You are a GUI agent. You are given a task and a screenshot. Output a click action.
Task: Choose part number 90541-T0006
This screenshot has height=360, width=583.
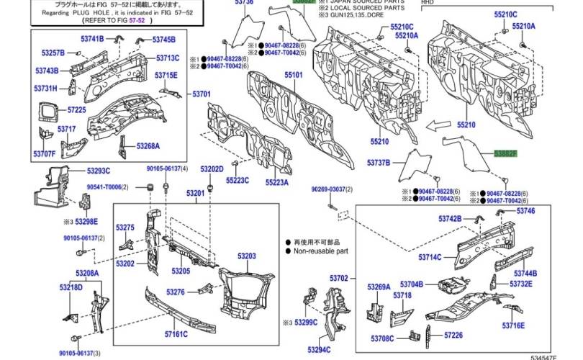[x=104, y=187]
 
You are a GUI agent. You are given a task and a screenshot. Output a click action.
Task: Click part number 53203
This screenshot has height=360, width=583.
[x=247, y=256]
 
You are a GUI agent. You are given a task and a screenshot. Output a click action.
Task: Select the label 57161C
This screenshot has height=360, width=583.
[x=176, y=335]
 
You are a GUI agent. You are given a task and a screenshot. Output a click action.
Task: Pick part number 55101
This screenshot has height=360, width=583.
[x=293, y=74]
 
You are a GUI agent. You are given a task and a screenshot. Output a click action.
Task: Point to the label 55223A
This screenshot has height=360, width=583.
[x=276, y=183]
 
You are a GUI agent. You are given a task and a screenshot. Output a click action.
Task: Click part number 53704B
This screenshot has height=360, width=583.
[x=412, y=284]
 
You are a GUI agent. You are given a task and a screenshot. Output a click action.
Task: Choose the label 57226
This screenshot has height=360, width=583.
[x=453, y=335]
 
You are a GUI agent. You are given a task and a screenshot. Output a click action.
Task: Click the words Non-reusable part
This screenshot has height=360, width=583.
[x=321, y=252]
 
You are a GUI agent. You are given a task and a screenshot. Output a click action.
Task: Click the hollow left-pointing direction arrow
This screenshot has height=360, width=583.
[x=437, y=124]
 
